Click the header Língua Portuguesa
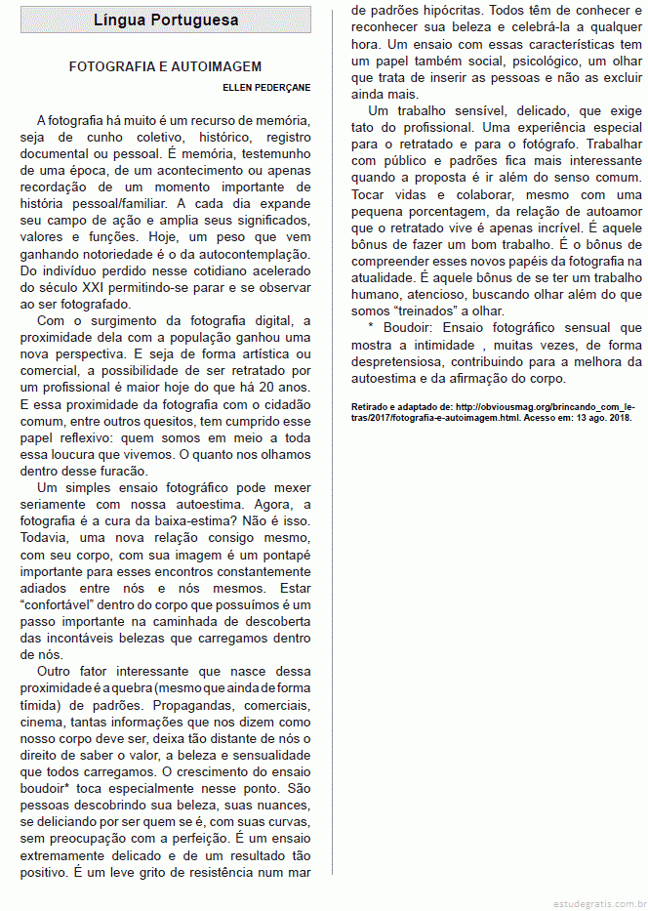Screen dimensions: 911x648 (x=166, y=21)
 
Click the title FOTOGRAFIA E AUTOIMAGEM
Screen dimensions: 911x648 (x=165, y=66)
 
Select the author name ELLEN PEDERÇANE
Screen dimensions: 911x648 (x=266, y=88)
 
